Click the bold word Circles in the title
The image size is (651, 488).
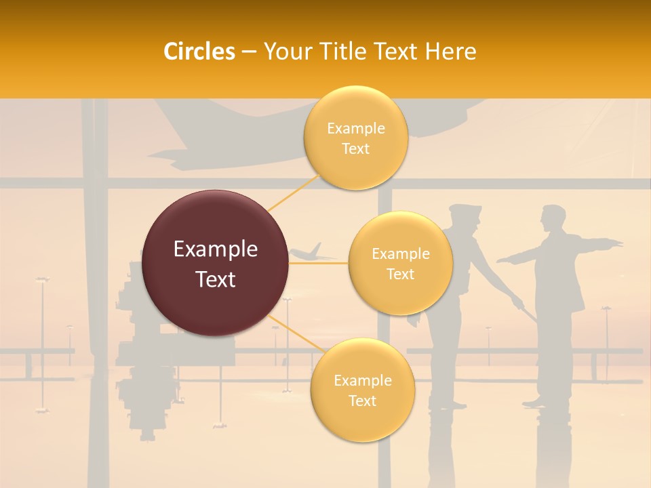199,52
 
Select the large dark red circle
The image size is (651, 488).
216,264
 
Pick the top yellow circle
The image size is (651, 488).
355,138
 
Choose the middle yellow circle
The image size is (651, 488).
400,264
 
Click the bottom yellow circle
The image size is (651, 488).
362,390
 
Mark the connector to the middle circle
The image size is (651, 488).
319,264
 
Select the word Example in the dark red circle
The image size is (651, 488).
216,249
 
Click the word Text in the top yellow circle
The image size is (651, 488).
355,149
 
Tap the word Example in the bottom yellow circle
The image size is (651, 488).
362,381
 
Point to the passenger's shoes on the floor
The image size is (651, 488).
536,402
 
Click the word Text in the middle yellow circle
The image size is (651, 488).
400,274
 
